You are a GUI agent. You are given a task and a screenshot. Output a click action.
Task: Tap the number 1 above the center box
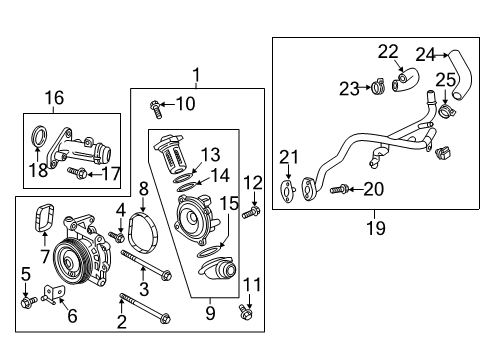(x=197, y=73)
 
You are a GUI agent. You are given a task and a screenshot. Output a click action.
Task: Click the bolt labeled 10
(x=154, y=104)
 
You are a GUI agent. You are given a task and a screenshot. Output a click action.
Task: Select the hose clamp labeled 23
(x=379, y=87)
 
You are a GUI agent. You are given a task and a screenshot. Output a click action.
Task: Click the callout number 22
(x=388, y=51)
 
